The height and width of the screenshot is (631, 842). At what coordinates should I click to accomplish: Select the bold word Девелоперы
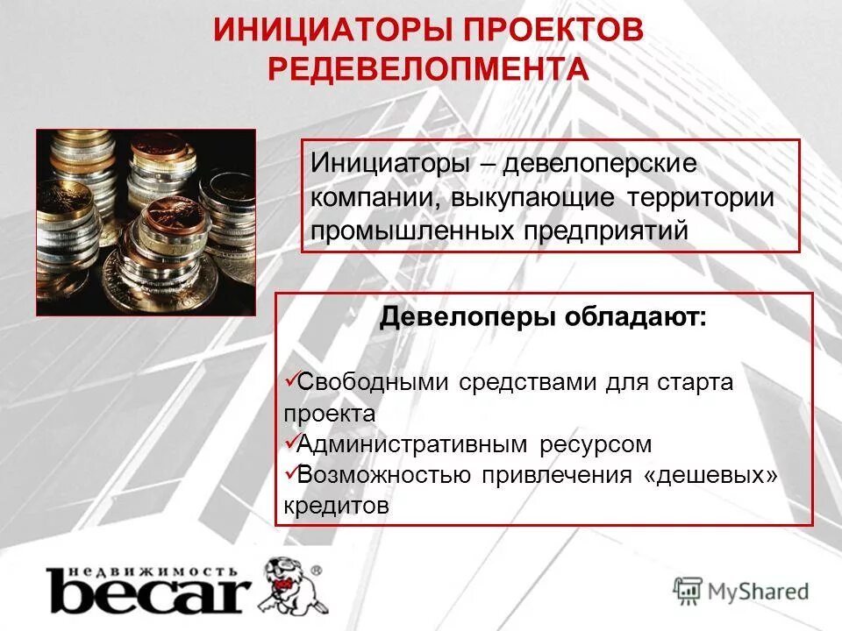point(465,318)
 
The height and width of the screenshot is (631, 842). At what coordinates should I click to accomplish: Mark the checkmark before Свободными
point(291,379)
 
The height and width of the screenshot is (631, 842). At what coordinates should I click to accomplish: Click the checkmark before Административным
point(291,442)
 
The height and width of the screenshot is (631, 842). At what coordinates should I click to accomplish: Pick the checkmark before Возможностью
point(291,472)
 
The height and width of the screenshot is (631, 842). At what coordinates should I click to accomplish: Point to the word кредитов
point(336,506)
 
